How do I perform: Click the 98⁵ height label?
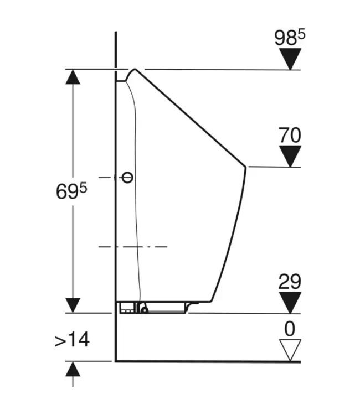(x=290, y=37)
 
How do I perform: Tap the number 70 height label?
(x=290, y=135)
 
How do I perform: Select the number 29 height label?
(x=290, y=282)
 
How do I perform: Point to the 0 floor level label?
(x=290, y=329)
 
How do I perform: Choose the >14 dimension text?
(x=72, y=340)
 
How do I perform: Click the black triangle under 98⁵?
(x=290, y=59)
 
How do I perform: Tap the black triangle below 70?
(x=290, y=157)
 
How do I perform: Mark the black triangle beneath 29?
(x=290, y=303)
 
